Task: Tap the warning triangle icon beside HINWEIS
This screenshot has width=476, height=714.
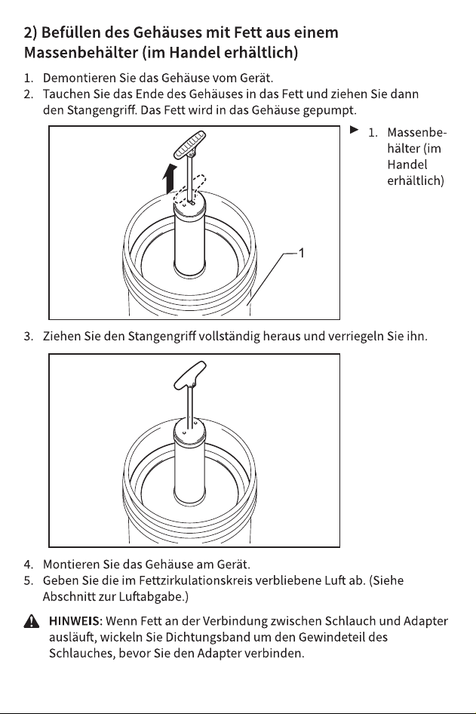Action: (31, 621)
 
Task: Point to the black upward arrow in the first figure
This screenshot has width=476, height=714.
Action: (169, 178)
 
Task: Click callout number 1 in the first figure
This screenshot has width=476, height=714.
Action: (301, 253)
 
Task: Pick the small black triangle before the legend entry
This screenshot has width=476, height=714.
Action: (355, 131)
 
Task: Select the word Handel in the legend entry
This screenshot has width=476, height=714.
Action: (407, 165)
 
